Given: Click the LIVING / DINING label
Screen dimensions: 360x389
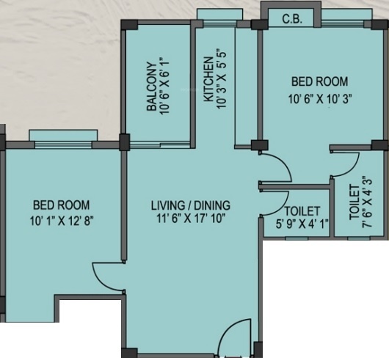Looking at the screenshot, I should pyautogui.click(x=191, y=205).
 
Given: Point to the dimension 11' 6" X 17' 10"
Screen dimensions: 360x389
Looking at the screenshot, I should pyautogui.click(x=191, y=218).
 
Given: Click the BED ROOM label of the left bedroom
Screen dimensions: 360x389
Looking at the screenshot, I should pyautogui.click(x=60, y=205).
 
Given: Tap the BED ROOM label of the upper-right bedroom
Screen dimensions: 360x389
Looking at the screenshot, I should pyautogui.click(x=319, y=81).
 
